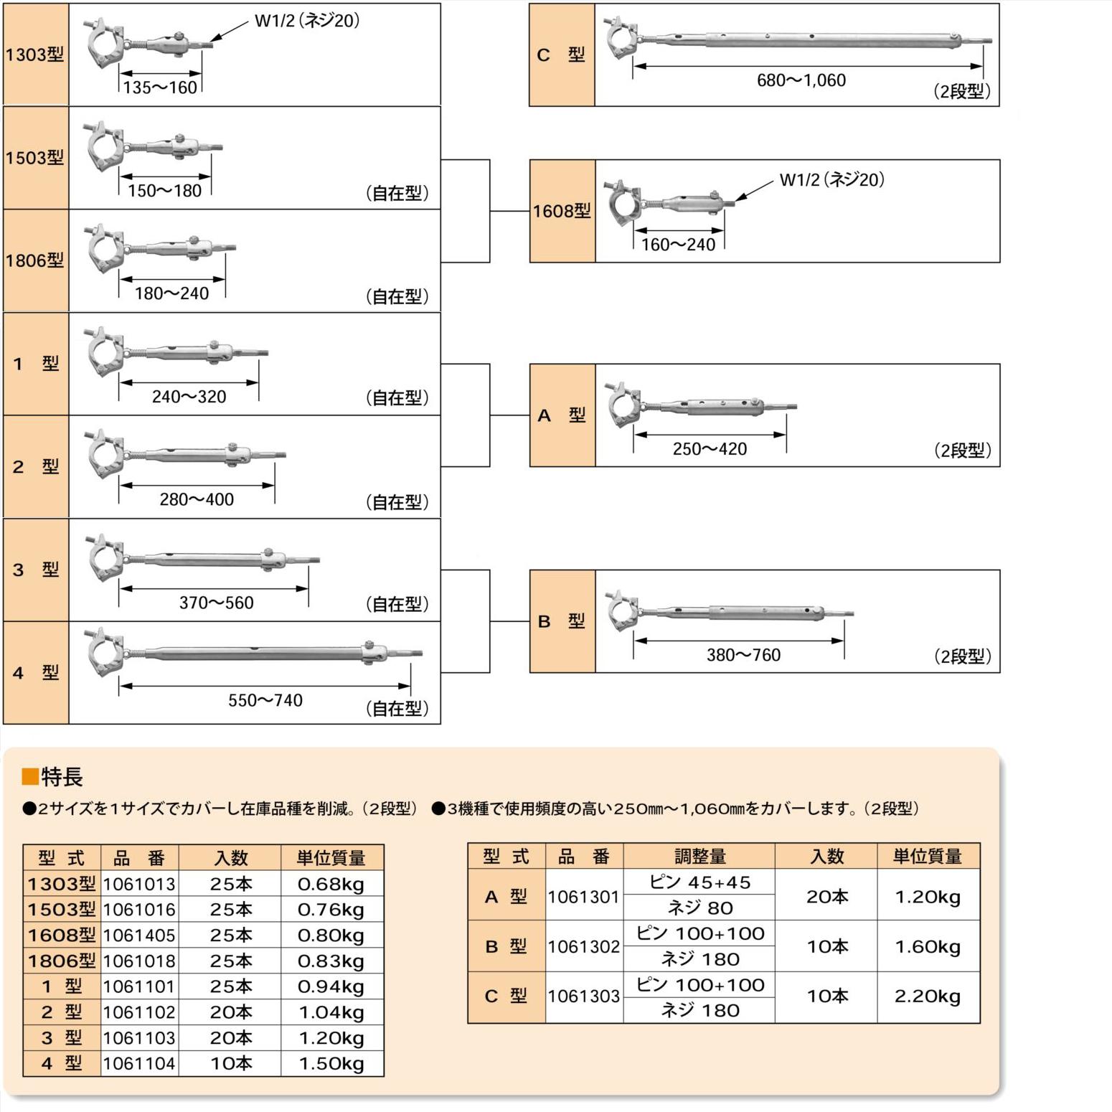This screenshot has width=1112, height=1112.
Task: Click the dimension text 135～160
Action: pos(160,88)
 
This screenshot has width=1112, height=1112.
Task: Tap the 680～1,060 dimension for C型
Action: pos(801,80)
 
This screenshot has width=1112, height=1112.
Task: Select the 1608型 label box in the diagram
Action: pos(562,211)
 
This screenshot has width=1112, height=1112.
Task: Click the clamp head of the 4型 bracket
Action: pos(105,652)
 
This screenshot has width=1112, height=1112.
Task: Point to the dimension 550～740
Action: pos(265,700)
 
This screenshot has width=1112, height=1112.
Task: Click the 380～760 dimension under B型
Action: pos(743,655)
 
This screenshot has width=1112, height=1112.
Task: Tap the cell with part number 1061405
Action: pos(139,936)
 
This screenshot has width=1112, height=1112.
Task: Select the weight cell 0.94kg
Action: pos(331,986)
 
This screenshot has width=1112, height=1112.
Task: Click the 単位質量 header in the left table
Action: pos(331,857)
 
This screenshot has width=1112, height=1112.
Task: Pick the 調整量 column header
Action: pos(699,856)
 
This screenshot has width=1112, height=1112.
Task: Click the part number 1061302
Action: pos(584,947)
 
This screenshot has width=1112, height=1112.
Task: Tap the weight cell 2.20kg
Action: pos(928,996)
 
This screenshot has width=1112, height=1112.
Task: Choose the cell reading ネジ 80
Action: pos(699,908)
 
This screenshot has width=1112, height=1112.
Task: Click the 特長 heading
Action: pos(62,777)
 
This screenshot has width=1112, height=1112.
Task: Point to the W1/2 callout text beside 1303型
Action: pos(307,21)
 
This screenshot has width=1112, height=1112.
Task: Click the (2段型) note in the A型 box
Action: pos(962,451)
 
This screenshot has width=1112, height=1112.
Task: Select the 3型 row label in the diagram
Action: pos(36,570)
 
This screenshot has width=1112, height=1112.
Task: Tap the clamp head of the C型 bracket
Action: pos(621,36)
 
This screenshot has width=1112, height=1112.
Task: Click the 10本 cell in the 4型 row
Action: pos(231,1064)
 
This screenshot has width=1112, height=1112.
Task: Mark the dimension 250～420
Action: pos(710,449)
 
